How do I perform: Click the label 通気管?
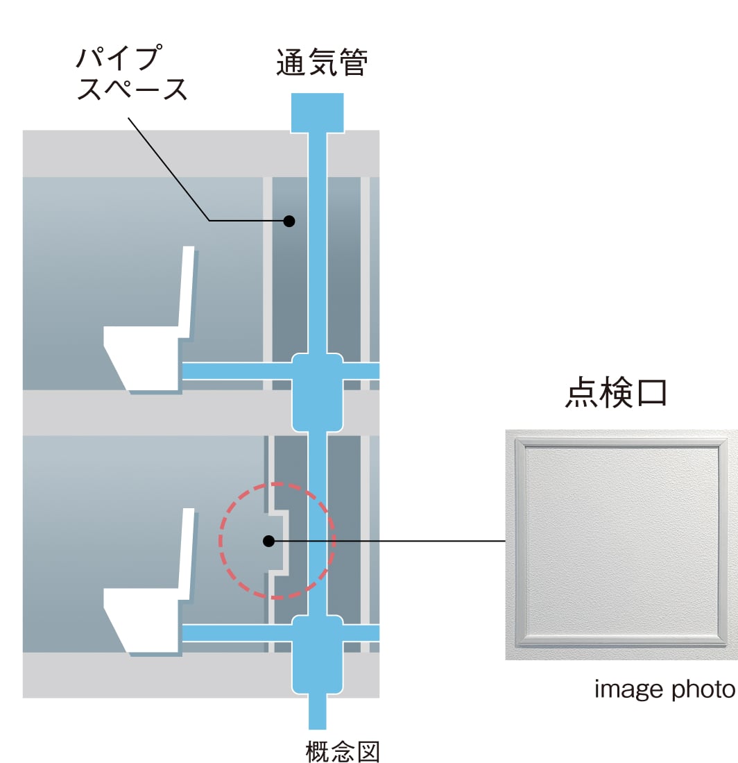pyautogui.click(x=322, y=62)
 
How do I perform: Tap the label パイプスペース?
pyautogui.click(x=132, y=73)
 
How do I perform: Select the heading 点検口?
pyautogui.click(x=616, y=392)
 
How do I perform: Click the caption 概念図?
pyautogui.click(x=343, y=751)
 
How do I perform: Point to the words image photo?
pyautogui.click(x=664, y=689)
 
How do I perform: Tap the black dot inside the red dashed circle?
pyautogui.click(x=268, y=541)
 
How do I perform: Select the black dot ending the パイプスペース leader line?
pyautogui.click(x=289, y=221)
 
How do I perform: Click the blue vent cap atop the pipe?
pyautogui.click(x=317, y=112)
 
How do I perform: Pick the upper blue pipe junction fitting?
pyautogui.click(x=317, y=392)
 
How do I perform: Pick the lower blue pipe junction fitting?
pyautogui.click(x=317, y=654)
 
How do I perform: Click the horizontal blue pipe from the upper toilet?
pyautogui.click(x=237, y=371)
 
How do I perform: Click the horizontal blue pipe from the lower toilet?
pyautogui.click(x=237, y=633)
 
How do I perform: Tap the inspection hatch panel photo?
pyautogui.click(x=621, y=544)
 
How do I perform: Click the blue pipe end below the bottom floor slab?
pyautogui.click(x=317, y=712)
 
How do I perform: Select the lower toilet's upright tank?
pyautogui.click(x=186, y=554)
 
